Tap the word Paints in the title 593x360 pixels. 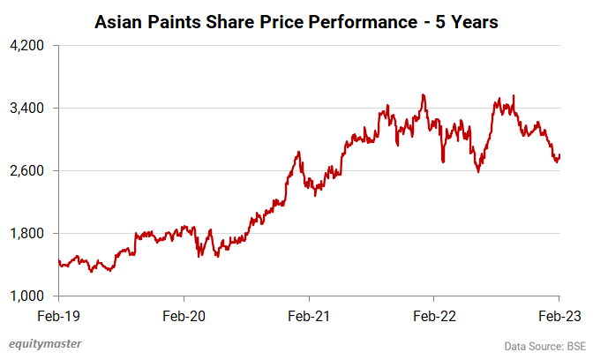point(178,21)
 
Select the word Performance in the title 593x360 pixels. point(359,21)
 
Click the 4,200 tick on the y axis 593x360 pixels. point(27,45)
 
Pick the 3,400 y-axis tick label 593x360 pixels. point(27,108)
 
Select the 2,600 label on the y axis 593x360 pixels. point(27,170)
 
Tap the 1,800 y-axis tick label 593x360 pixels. point(27,233)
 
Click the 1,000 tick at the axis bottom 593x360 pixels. point(27,296)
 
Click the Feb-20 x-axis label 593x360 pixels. point(183,314)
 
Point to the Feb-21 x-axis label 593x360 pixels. point(309,314)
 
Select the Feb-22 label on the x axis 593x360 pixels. point(434,314)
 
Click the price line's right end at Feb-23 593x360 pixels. point(559,155)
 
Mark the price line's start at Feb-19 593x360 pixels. point(58,259)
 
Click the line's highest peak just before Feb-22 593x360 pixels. point(424,94)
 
